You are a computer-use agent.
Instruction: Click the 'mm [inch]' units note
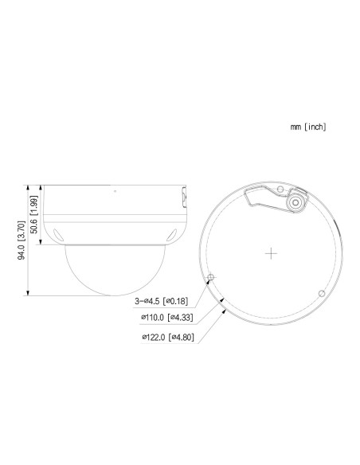pos(308,127)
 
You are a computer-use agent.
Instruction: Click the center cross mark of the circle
pos(271,255)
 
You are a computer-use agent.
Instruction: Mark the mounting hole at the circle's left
pos(211,278)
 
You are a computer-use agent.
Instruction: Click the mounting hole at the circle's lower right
pos(320,294)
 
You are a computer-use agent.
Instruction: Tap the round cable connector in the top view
pos(297,203)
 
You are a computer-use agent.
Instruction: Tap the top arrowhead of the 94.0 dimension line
pos(29,186)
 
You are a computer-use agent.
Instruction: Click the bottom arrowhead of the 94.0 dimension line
pos(29,295)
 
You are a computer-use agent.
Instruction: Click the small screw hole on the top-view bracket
pos(281,190)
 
